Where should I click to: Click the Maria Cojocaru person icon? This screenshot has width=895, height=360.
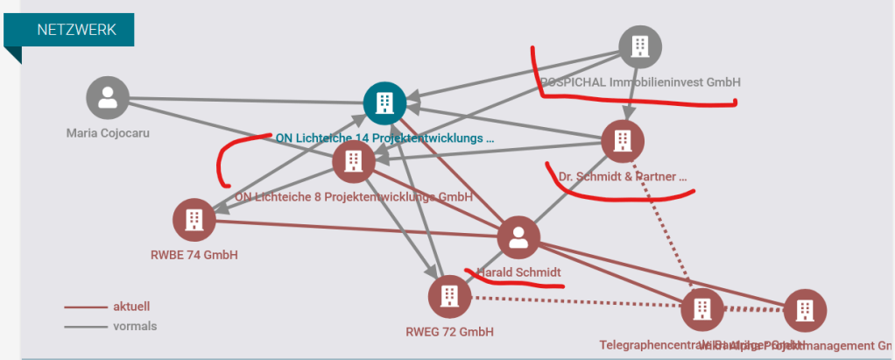click(x=108, y=98)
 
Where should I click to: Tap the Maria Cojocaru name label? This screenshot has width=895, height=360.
click(x=108, y=133)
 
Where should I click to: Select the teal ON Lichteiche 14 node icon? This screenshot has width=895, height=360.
click(x=384, y=103)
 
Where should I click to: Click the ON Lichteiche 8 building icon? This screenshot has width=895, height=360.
click(x=353, y=160)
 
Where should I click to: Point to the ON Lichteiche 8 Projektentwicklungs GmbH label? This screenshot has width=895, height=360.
click(x=354, y=196)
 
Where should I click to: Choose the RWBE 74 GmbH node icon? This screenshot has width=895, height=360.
click(x=194, y=220)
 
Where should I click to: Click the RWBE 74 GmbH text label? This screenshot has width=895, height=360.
click(x=194, y=256)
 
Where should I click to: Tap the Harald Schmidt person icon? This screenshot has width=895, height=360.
click(x=518, y=237)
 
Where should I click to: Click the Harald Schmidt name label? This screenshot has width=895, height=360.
click(x=519, y=272)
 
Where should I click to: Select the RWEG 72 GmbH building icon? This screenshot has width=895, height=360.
click(x=449, y=295)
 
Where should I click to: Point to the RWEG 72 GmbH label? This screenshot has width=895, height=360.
click(x=450, y=332)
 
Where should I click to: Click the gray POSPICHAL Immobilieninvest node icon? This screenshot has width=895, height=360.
click(x=640, y=46)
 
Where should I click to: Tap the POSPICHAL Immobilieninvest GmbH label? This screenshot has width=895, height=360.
click(x=640, y=82)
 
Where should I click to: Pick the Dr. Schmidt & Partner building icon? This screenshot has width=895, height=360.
click(x=623, y=141)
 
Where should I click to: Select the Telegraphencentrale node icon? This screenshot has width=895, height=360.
click(x=702, y=308)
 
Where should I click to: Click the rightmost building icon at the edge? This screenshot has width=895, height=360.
click(x=804, y=310)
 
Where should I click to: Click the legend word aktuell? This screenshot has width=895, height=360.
click(x=131, y=307)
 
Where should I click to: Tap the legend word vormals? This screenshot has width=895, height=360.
click(x=135, y=326)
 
